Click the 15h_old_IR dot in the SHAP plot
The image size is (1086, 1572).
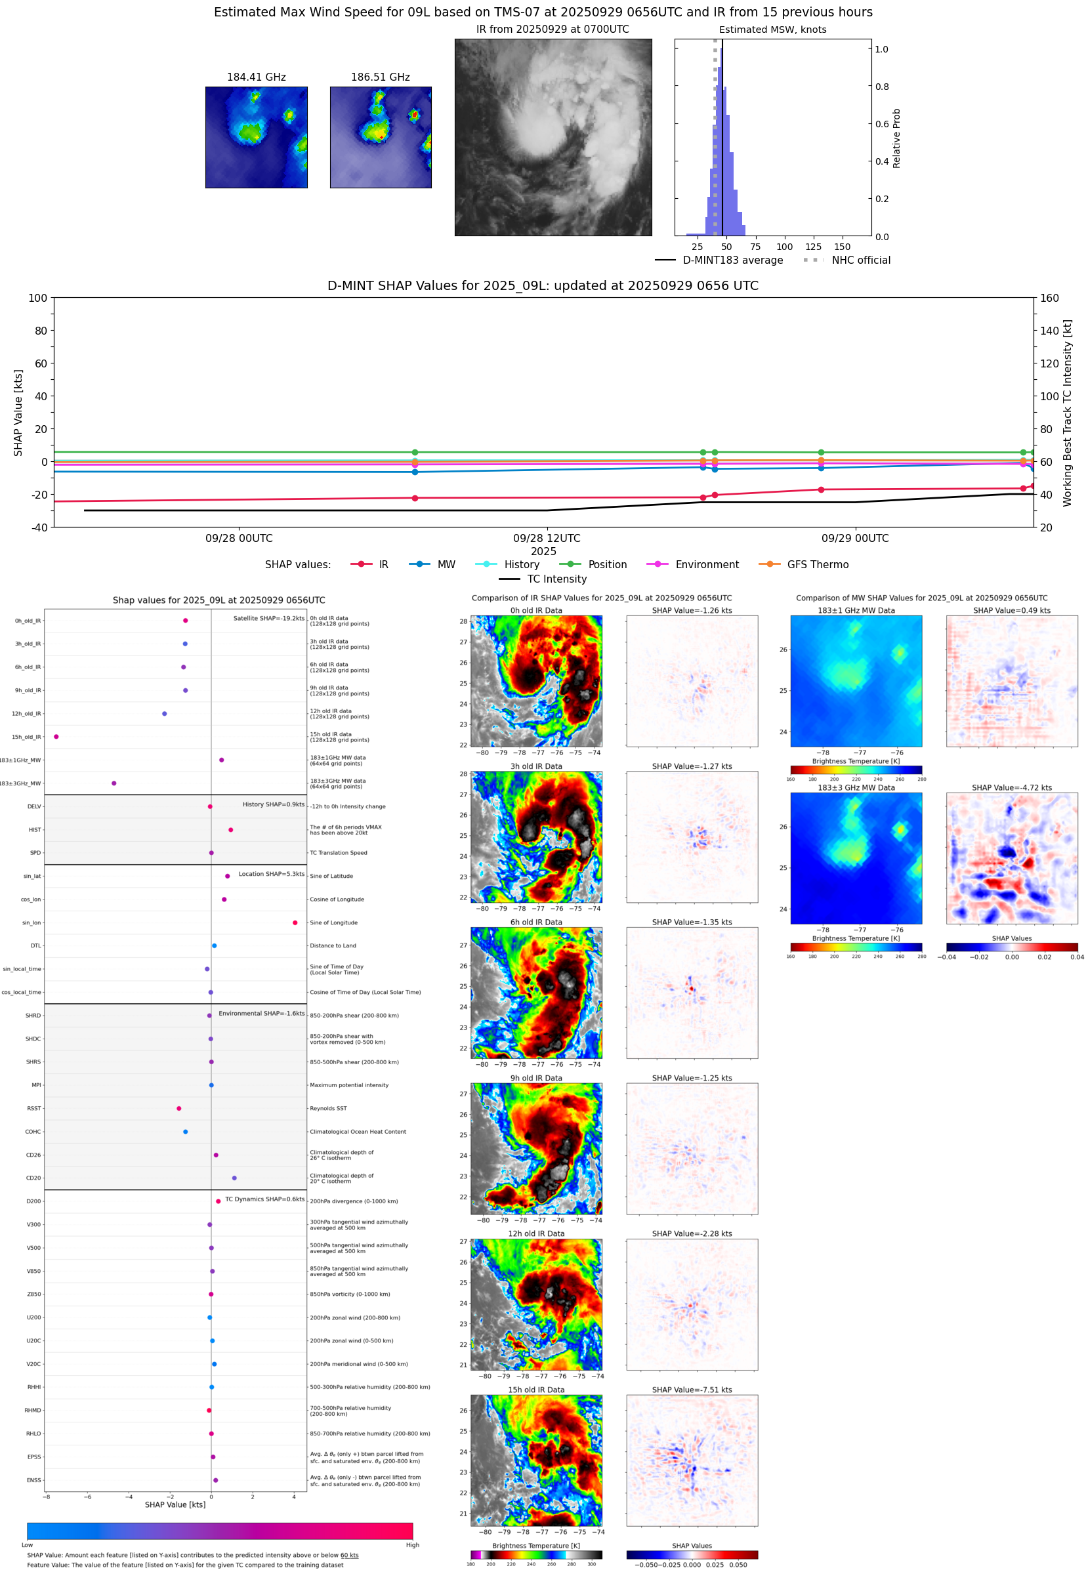click(56, 737)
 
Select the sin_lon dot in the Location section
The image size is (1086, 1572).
click(295, 922)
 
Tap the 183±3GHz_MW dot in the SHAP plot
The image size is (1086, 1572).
click(114, 783)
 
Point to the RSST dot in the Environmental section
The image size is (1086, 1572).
click(179, 1108)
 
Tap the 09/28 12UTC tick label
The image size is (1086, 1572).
click(547, 538)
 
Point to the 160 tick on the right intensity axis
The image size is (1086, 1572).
click(1049, 298)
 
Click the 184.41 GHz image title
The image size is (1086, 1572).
click(256, 77)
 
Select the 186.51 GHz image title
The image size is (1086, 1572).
click(381, 77)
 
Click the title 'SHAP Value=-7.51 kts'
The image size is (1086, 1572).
click(692, 1390)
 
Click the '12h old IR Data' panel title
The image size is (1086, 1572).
click(536, 1233)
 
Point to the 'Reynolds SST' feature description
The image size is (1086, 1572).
click(328, 1108)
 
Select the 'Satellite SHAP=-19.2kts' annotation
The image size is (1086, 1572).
click(269, 618)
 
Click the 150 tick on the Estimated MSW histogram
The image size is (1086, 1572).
click(842, 247)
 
